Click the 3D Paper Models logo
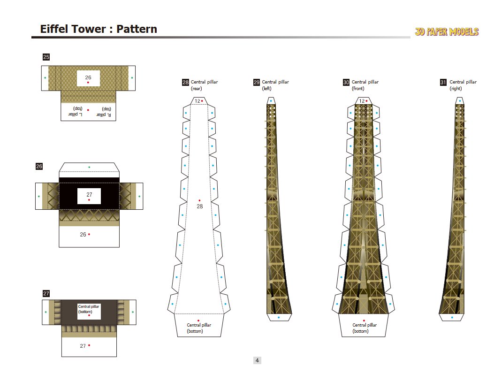(x=446, y=32)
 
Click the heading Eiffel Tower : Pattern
(x=99, y=29)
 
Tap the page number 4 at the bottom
(x=257, y=360)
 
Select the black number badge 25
(x=46, y=57)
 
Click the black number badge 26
(x=39, y=166)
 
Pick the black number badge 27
(x=46, y=293)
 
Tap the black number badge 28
(x=185, y=83)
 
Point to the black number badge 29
(x=257, y=83)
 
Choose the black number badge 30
(x=346, y=83)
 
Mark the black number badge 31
(x=443, y=83)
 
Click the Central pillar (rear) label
(x=204, y=85)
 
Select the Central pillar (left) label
(x=275, y=85)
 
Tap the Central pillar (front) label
(x=365, y=85)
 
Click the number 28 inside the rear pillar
(x=200, y=206)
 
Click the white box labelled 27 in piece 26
(x=89, y=196)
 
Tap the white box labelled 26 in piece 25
(x=88, y=78)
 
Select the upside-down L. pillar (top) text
(x=75, y=112)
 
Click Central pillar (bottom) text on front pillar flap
(x=365, y=328)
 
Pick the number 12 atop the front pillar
(x=362, y=101)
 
